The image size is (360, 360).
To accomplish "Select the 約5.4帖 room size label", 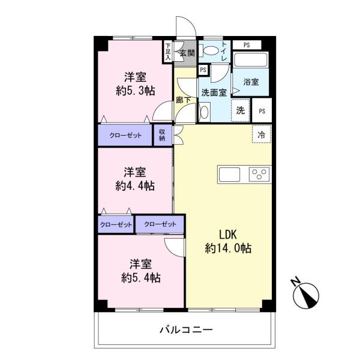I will [x=140, y=277].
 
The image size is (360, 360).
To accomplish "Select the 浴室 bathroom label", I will [x=251, y=82].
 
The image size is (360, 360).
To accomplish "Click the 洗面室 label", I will [x=213, y=93].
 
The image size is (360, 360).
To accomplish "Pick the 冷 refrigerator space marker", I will [x=262, y=134].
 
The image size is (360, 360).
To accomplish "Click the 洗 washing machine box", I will [x=240, y=110].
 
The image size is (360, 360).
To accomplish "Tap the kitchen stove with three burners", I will [x=259, y=175].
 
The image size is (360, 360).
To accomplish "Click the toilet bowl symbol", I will [x=211, y=52].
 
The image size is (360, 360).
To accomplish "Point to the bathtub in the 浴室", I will [x=251, y=60].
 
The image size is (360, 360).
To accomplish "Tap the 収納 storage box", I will [x=163, y=135].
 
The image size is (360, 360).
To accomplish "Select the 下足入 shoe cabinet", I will [x=169, y=52].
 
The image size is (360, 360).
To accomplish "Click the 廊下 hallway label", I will [x=184, y=100].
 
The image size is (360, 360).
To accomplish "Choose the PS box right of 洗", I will [x=262, y=111].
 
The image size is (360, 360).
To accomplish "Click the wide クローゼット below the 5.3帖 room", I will [x=125, y=135].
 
